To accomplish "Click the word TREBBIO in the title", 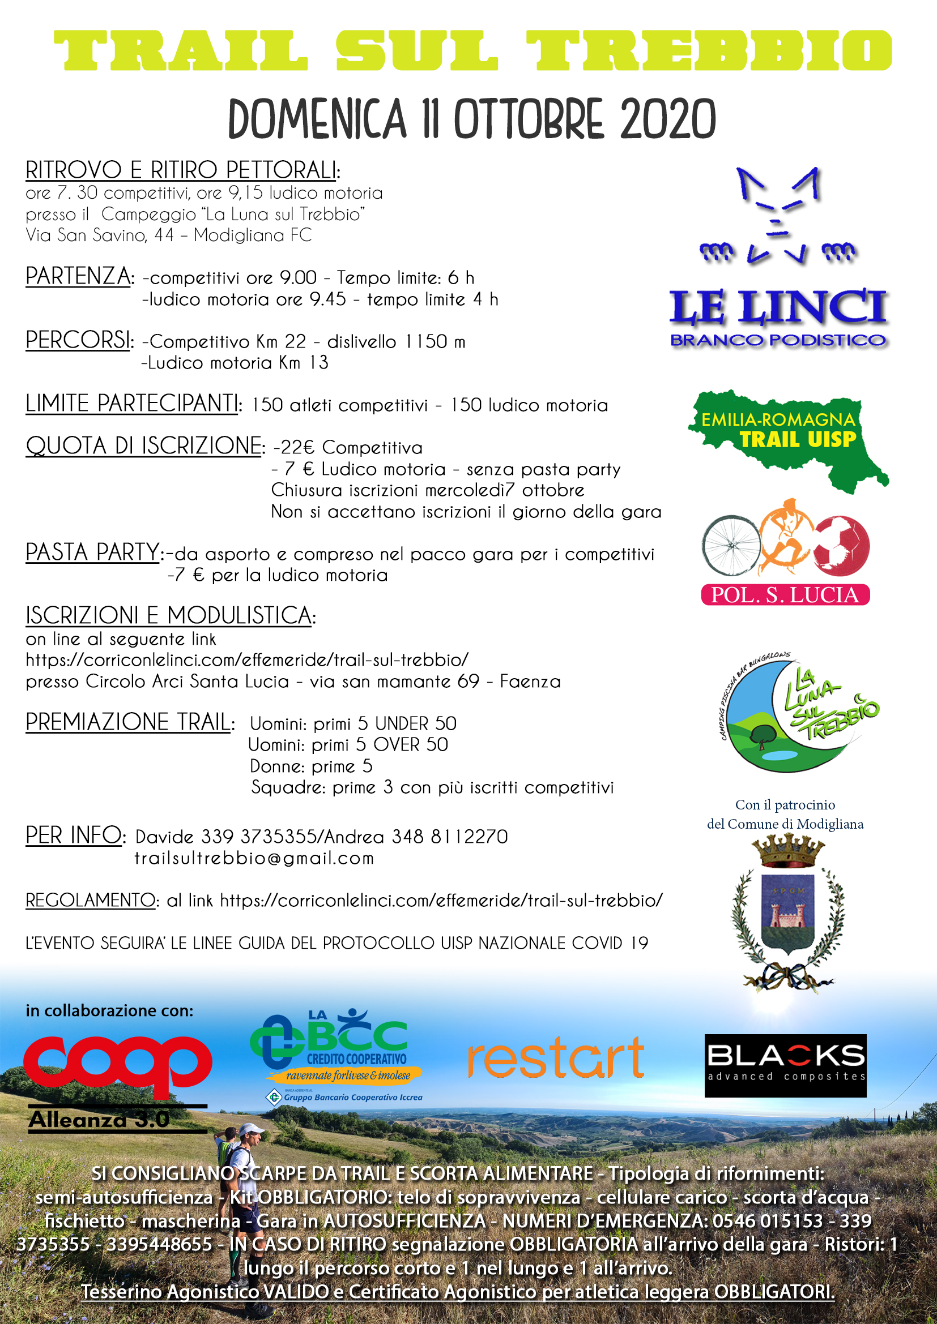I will coord(709,50).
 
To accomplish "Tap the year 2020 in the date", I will coord(667,119).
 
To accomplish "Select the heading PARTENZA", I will coord(78,276).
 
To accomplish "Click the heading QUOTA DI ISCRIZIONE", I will coord(144,445).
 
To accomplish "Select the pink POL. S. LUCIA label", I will coord(785,594).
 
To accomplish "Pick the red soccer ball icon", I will coord(841,546).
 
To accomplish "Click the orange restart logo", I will coord(555,1058).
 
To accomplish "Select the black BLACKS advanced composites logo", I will coord(785,1065).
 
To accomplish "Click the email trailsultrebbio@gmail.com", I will coord(254,859).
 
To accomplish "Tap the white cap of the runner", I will coord(250,1129).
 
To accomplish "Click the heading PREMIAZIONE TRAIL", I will coord(128,722).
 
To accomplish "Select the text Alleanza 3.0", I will coord(99,1120).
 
